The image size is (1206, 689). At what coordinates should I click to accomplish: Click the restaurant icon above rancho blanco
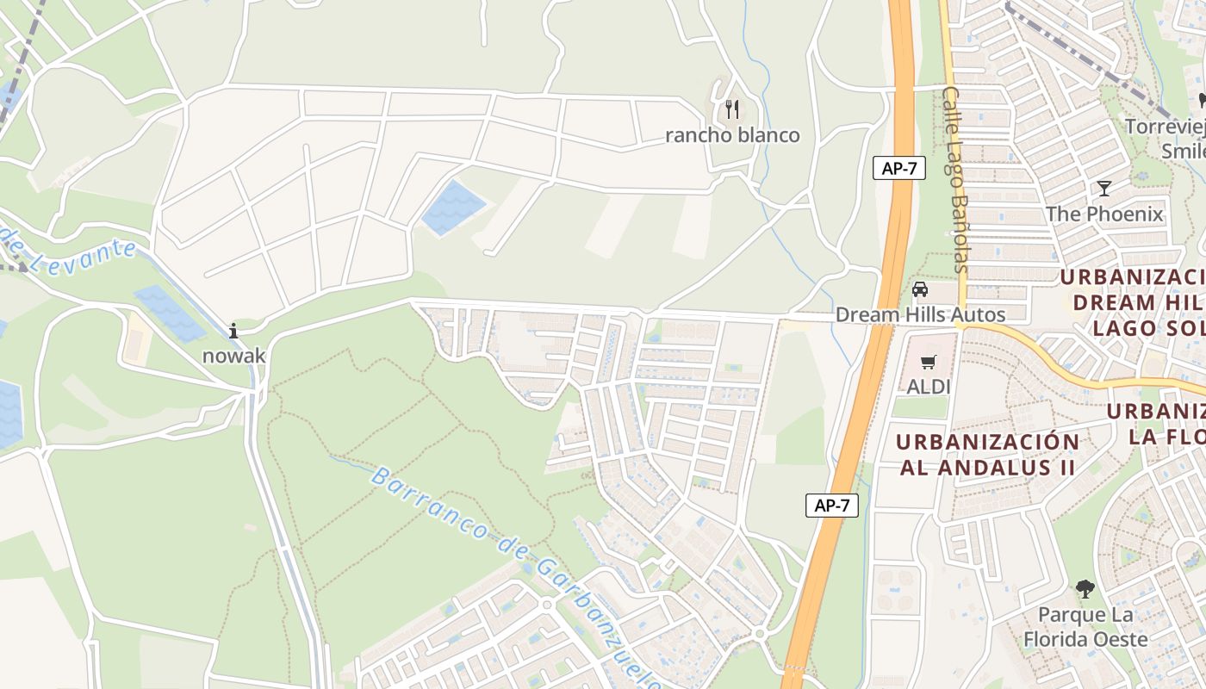732,109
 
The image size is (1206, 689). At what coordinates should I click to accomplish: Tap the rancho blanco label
732,135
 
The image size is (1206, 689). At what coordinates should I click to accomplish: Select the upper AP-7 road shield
899,168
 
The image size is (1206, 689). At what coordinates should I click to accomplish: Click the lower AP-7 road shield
832,506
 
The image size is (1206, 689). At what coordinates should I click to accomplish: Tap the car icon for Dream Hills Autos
920,289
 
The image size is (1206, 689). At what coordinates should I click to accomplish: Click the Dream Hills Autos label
920,315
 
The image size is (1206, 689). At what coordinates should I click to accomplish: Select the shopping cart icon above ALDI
928,363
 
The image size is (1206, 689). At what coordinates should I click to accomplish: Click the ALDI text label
928,387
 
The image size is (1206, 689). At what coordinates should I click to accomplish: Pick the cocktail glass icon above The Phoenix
1104,189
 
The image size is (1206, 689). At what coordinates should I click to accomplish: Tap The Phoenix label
1104,214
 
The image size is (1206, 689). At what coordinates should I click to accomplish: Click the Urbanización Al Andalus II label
987,455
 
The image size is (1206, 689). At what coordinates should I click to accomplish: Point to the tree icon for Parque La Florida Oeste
1085,590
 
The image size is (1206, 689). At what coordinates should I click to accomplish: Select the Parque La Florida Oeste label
1085,627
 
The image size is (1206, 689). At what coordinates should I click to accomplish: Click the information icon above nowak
233,331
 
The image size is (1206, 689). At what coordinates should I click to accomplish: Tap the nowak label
233,355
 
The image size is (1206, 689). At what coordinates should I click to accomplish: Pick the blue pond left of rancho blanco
452,208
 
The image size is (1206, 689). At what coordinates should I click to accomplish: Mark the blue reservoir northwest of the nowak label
170,313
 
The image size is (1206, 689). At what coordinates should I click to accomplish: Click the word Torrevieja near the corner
1166,127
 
